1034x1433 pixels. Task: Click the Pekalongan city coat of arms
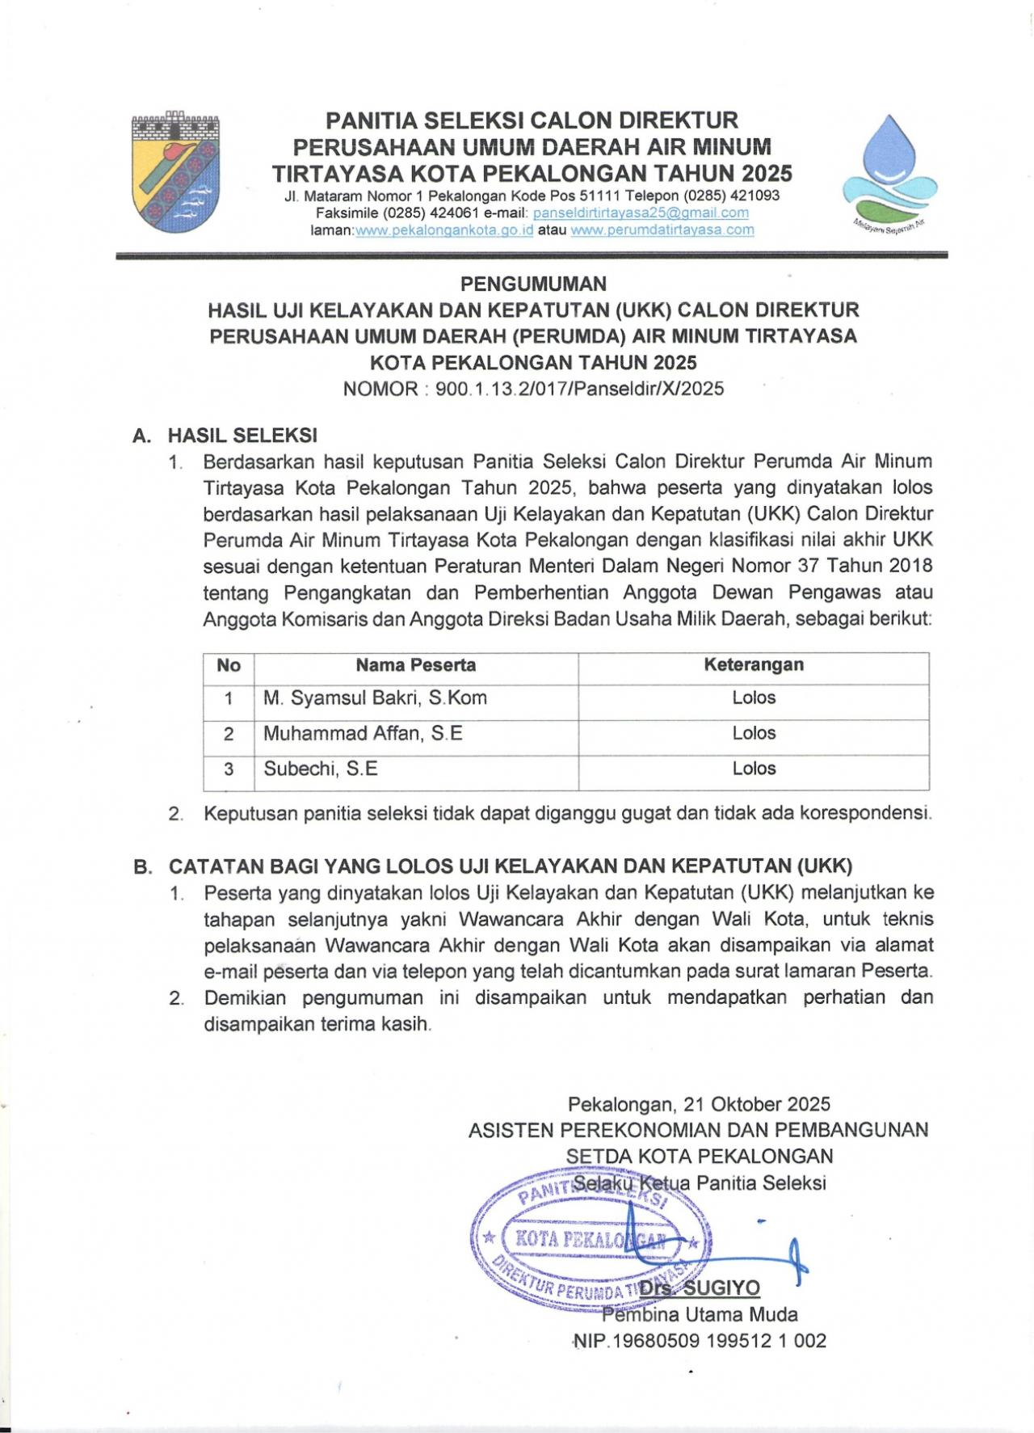[x=175, y=172]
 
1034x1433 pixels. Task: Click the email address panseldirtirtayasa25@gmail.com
[x=641, y=213]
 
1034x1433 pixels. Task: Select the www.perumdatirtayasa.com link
[x=662, y=230]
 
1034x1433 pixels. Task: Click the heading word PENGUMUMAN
[x=533, y=284]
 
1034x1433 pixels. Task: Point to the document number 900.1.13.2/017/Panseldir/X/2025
[x=579, y=389]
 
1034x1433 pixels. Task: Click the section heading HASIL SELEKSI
[x=242, y=435]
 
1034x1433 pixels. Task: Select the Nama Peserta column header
[x=415, y=665]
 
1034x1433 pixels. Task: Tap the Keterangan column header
[x=753, y=664]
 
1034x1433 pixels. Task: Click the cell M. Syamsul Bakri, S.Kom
[x=375, y=698]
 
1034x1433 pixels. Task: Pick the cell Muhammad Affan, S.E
[x=363, y=733]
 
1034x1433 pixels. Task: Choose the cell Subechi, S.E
[x=321, y=769]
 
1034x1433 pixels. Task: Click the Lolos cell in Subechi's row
[x=753, y=769]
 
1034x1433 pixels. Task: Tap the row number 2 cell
[x=229, y=734]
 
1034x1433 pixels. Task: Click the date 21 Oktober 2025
[x=756, y=1104]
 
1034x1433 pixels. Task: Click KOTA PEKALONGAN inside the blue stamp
[x=590, y=1238]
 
